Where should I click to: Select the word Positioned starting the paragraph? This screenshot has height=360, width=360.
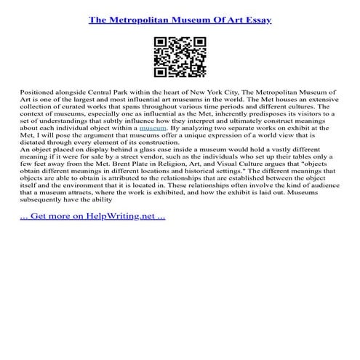36,95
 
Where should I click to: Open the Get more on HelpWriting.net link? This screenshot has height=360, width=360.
93,239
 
